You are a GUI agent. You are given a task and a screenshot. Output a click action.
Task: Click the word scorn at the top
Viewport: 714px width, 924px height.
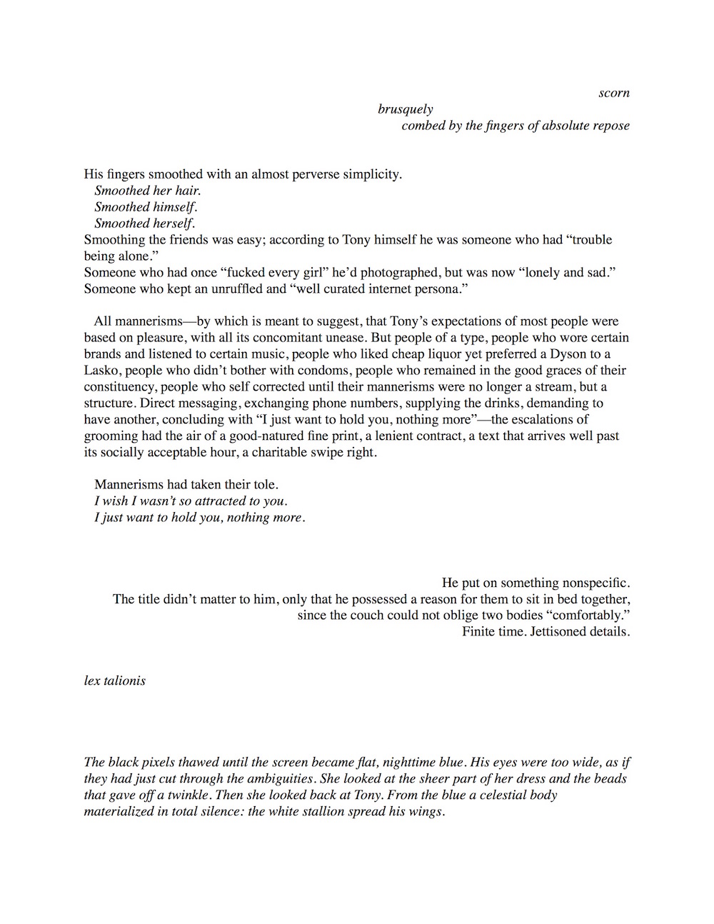pyautogui.click(x=614, y=93)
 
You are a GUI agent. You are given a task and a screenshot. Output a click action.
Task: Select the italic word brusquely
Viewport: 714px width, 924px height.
pyautogui.click(x=406, y=109)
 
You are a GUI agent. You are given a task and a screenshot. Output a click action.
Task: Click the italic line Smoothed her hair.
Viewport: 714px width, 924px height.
pyautogui.click(x=148, y=191)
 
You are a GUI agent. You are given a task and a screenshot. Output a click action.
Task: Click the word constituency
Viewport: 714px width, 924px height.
pyautogui.click(x=120, y=387)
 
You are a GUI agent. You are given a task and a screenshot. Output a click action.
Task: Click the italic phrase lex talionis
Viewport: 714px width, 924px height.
pyautogui.click(x=115, y=681)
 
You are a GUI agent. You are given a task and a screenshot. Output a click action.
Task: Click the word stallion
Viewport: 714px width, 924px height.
pyautogui.click(x=321, y=812)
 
